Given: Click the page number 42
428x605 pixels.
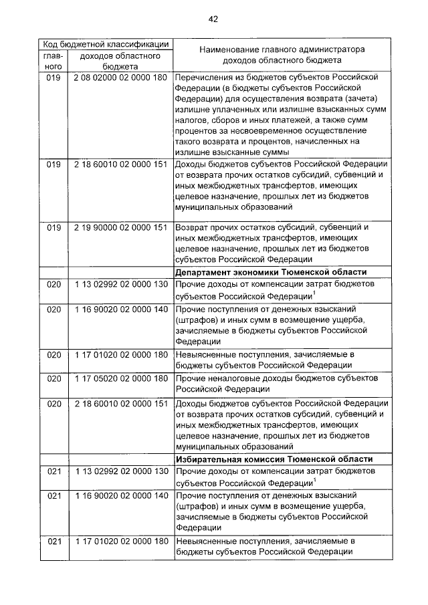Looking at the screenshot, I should [214, 19].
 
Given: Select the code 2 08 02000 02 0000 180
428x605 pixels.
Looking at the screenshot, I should [121, 78].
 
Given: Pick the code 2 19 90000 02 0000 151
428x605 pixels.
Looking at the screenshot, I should [121, 227].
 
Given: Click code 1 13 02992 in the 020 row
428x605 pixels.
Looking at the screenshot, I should [121, 284].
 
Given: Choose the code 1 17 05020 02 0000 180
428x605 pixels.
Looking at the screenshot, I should [121, 378].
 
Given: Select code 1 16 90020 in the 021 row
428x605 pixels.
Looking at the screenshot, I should [121, 497].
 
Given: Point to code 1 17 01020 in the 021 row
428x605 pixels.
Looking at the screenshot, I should [121, 540].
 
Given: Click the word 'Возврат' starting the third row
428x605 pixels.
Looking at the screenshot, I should [192, 227].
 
